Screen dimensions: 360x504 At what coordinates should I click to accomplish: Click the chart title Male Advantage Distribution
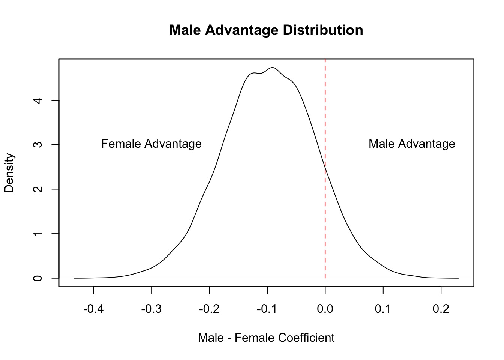click(x=266, y=30)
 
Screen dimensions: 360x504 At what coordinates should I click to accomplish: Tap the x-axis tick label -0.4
click(x=93, y=309)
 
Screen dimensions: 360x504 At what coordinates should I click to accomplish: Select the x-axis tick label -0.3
click(x=151, y=309)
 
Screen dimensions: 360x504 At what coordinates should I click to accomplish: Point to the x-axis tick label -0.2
click(x=209, y=309)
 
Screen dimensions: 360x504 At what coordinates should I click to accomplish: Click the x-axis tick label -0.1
click(x=267, y=309)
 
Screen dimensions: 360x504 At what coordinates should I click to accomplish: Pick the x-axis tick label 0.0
click(x=325, y=309)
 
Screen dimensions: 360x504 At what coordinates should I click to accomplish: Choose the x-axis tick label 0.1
click(x=383, y=309)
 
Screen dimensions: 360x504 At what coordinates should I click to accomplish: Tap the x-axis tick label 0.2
click(x=441, y=309)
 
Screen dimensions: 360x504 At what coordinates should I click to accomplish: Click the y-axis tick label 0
click(x=38, y=278)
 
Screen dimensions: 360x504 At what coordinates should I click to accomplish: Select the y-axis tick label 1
click(x=38, y=234)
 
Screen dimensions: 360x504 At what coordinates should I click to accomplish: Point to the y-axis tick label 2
click(x=38, y=189)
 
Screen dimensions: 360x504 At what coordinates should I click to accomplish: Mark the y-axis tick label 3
click(x=38, y=145)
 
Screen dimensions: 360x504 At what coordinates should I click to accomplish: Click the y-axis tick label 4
click(x=38, y=100)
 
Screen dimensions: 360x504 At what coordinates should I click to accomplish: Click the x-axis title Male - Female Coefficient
click(x=266, y=338)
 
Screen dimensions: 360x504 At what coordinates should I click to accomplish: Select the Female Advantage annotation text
click(x=151, y=144)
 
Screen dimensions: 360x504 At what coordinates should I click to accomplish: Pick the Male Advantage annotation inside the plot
click(x=412, y=144)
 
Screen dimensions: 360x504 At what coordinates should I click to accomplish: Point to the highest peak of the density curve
click(x=273, y=67)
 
